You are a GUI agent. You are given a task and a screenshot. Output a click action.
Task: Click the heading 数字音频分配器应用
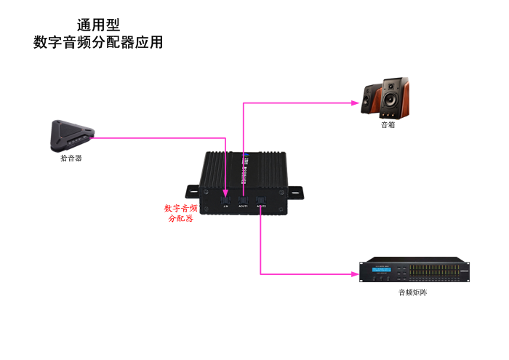98,43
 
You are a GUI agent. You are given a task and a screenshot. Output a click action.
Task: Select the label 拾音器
71,157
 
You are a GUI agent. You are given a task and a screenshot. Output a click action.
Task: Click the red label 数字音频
180,208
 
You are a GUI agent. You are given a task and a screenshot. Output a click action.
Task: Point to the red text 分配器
180,218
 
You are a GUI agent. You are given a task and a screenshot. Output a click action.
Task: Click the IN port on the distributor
226,200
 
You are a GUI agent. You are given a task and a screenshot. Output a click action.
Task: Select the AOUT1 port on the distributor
244,200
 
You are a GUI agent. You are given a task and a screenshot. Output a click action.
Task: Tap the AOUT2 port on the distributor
260,200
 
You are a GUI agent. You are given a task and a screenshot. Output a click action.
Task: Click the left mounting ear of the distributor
191,191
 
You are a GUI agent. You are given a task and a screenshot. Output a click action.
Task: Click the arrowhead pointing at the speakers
358,103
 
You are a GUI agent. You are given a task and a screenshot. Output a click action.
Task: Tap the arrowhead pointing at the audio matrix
356,274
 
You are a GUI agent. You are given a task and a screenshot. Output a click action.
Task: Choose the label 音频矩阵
412,292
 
